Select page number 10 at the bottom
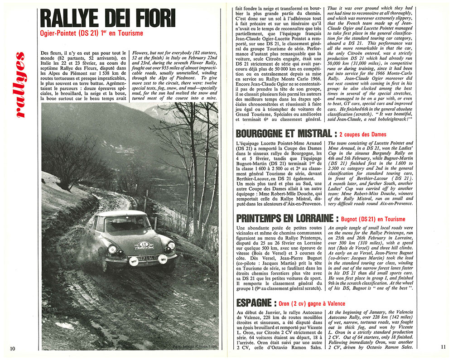12,348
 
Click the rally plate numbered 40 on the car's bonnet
144,245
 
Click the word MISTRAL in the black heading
310,134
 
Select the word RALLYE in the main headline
71,19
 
